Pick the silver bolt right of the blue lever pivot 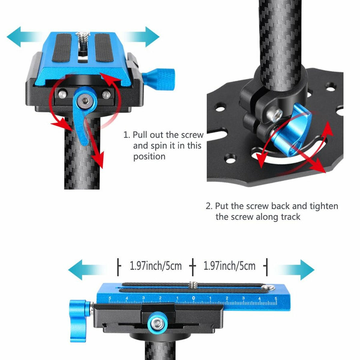coord(106,95)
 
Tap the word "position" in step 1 coord(149,156)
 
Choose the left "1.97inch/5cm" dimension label coord(156,265)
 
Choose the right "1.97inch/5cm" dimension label coord(230,265)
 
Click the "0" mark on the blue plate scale coord(194,298)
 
